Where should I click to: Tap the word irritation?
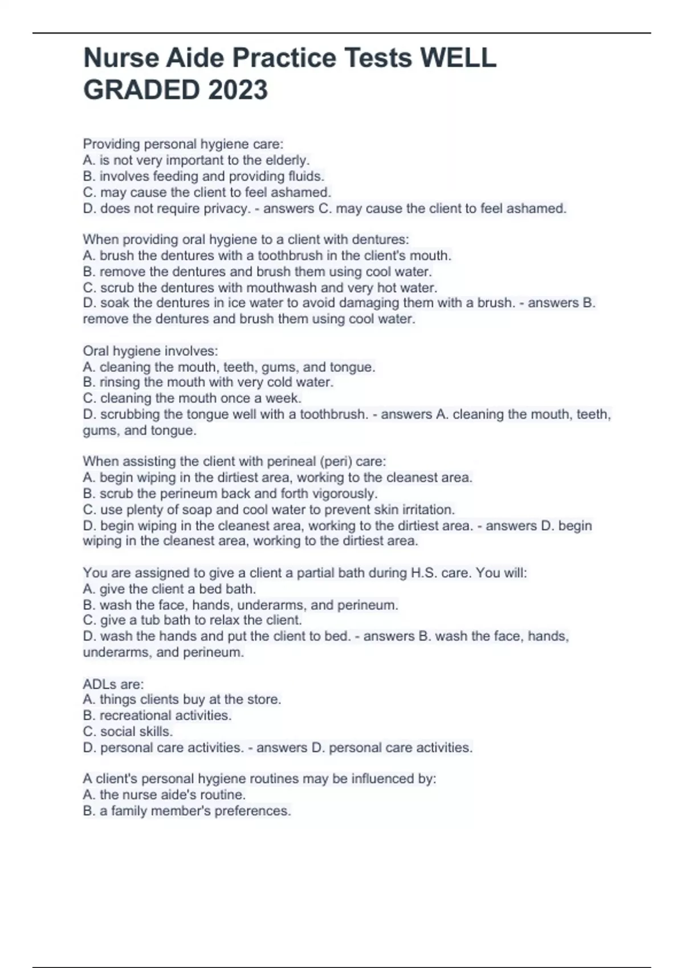point(426,510)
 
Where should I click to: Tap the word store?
point(264,699)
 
